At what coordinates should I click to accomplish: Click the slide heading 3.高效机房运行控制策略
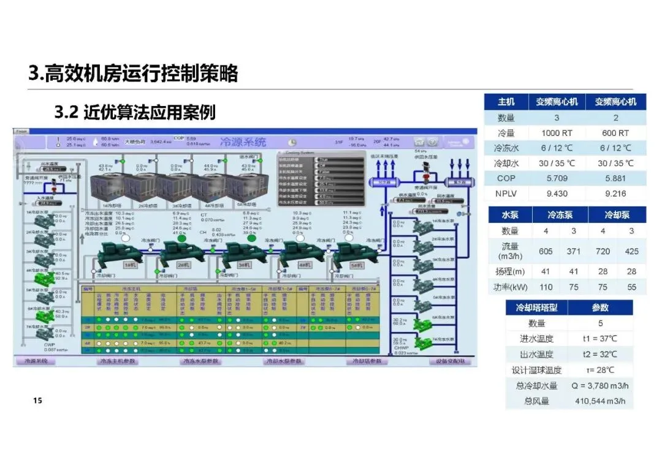tap(132, 74)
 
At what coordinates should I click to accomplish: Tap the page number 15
tap(37, 401)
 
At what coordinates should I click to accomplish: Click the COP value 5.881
tap(615, 178)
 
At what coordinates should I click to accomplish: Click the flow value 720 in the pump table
tap(604, 251)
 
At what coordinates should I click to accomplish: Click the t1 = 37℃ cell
tap(600, 338)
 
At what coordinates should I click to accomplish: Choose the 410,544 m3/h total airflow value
tap(600, 401)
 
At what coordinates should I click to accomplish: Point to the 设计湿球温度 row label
tap(536, 370)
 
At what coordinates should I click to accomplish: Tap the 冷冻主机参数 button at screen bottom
tap(118, 361)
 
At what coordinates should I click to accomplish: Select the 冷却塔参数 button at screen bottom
tap(367, 361)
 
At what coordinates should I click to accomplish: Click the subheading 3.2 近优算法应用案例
tap(135, 112)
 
